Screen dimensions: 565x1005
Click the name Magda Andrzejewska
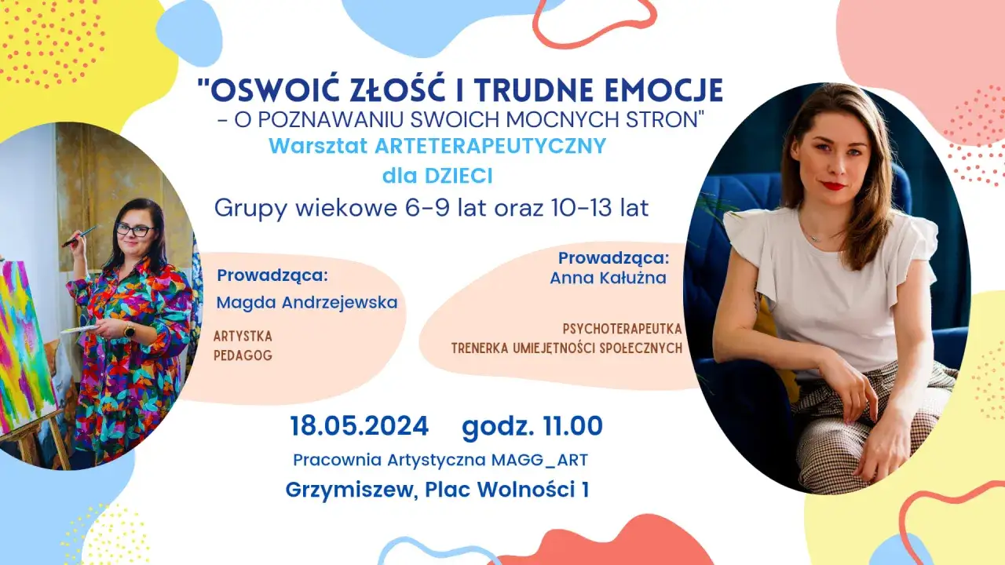pyautogui.click(x=307, y=302)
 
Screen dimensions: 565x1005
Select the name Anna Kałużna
pyautogui.click(x=608, y=278)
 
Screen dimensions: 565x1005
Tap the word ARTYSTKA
pyautogui.click(x=243, y=336)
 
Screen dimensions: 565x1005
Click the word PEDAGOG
pyautogui.click(x=243, y=355)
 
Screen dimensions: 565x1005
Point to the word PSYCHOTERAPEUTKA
pyautogui.click(x=622, y=328)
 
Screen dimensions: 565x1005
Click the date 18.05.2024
pyautogui.click(x=360, y=426)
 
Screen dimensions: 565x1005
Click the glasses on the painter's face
pyautogui.click(x=134, y=230)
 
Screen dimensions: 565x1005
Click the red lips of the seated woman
pyautogui.click(x=834, y=186)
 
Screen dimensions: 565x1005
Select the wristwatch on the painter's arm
pyautogui.click(x=130, y=330)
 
